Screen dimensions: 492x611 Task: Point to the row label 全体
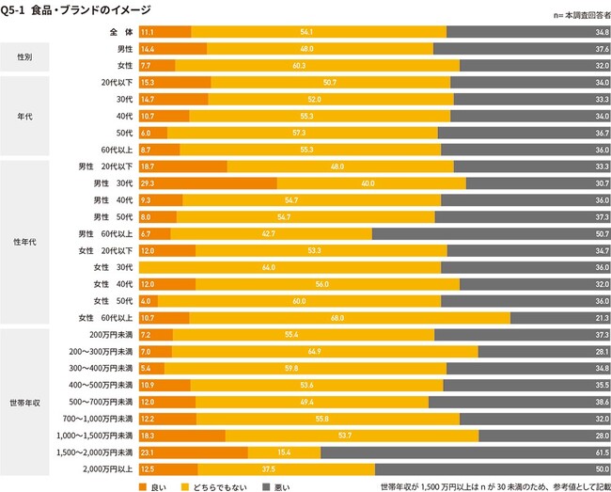[x=119, y=32]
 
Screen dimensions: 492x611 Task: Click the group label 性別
[x=27, y=57]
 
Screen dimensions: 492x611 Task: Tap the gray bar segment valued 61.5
[x=465, y=452]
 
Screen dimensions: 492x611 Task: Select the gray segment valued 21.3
[x=559, y=317]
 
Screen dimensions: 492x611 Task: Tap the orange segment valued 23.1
[x=193, y=452]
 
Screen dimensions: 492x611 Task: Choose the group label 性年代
[x=27, y=242]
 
